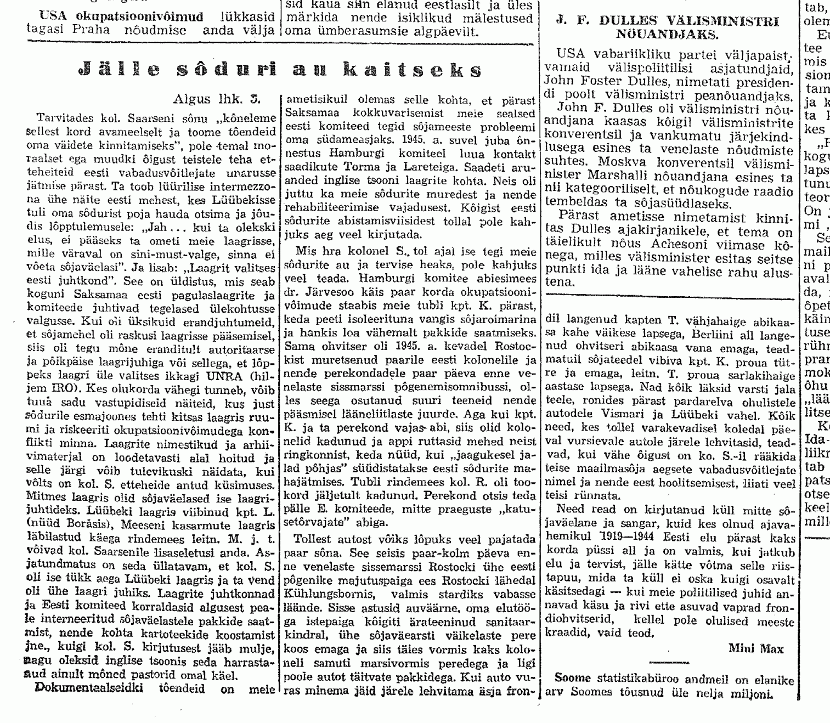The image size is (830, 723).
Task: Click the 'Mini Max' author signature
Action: point(756,649)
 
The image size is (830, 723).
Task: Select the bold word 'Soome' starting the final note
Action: point(570,680)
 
